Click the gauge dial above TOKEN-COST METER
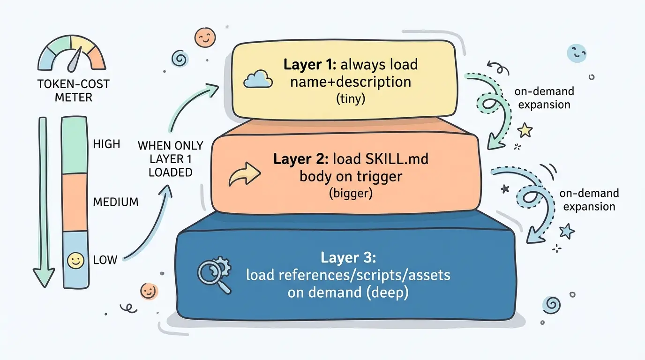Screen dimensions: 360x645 coord(72,54)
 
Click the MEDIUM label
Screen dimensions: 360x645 coord(116,202)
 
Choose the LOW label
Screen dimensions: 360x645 coord(105,259)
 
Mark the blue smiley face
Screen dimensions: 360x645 coord(577,53)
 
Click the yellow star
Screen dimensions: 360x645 coord(525,130)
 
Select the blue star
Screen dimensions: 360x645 coord(567,230)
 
